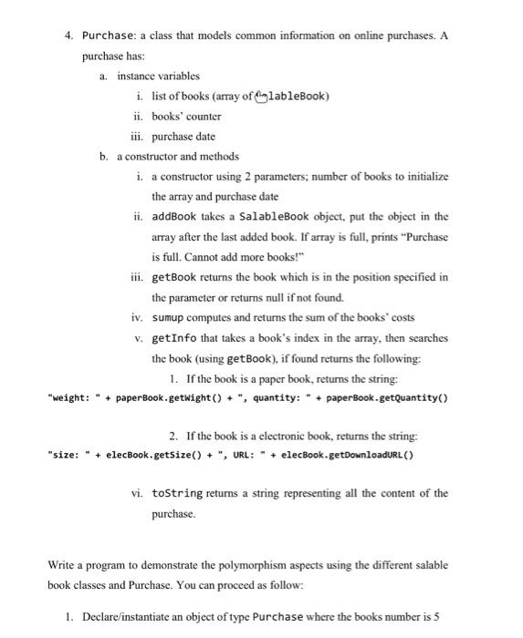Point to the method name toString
(179, 493)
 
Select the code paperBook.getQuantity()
(382, 397)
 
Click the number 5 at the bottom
(436, 617)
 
